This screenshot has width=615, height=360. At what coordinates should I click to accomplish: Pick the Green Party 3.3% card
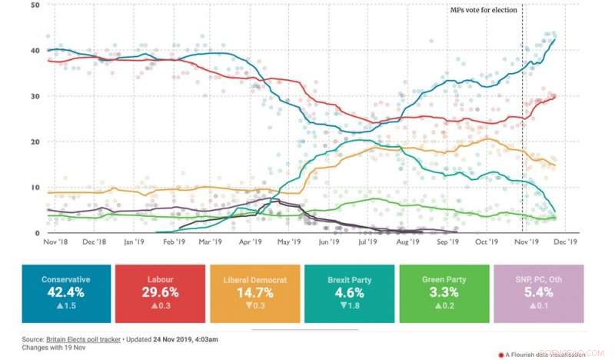(x=445, y=294)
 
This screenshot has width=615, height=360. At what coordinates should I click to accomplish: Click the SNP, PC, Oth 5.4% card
(x=540, y=294)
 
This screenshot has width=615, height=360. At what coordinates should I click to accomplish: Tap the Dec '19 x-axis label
(x=566, y=242)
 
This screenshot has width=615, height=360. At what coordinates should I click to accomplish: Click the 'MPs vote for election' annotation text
(x=484, y=10)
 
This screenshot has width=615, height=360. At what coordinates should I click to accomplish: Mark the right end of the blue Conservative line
(x=556, y=39)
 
